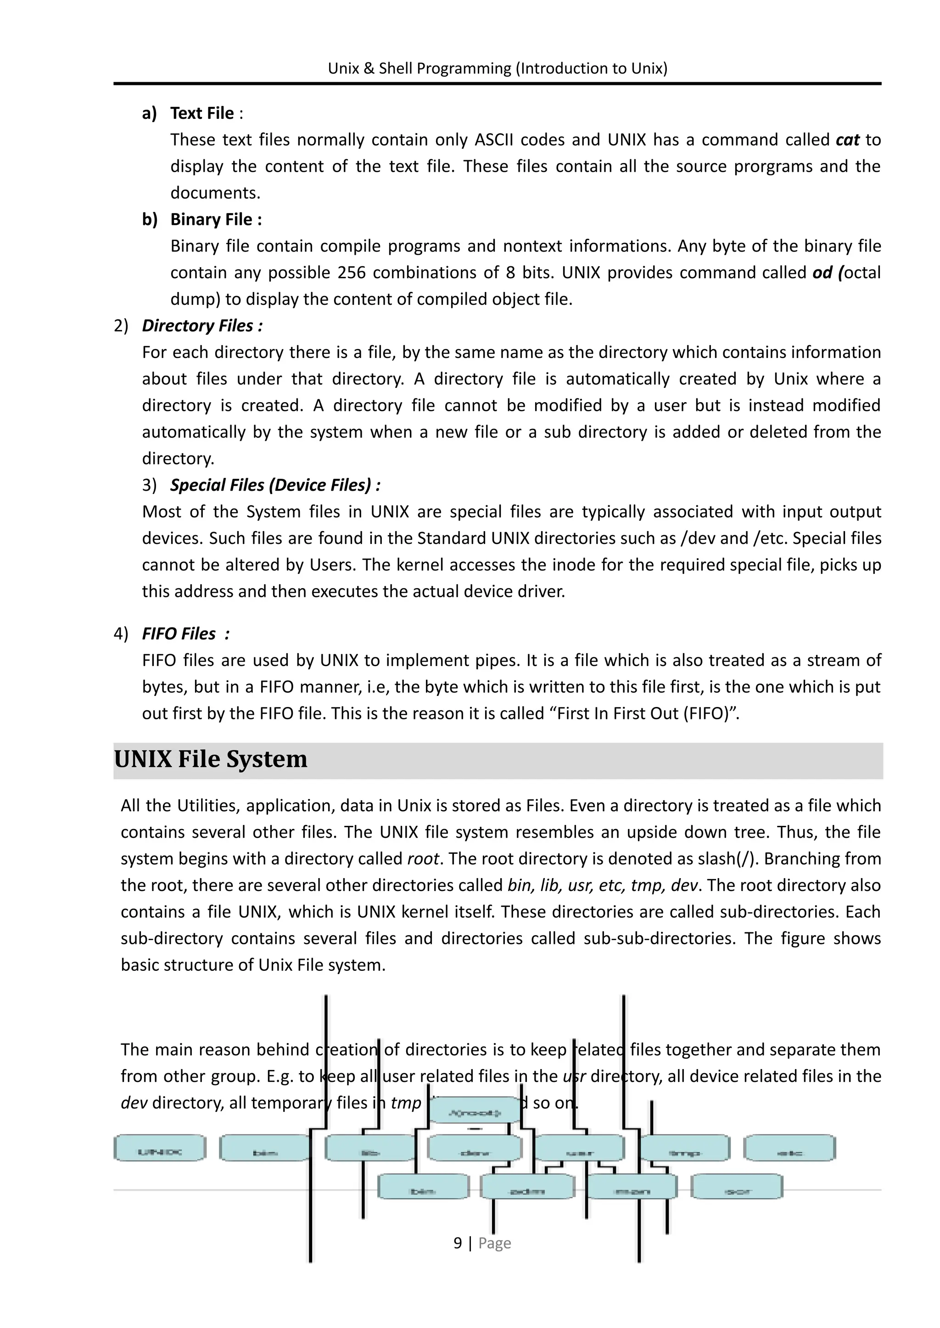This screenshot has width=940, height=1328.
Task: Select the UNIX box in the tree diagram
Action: pos(160,1148)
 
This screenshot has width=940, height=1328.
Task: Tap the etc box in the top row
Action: pos(789,1149)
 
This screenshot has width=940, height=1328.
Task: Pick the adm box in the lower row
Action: pos(527,1187)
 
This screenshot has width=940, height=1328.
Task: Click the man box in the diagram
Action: pos(632,1187)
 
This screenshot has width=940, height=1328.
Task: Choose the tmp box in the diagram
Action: pos(685,1149)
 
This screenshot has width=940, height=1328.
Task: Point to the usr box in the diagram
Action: pos(579,1149)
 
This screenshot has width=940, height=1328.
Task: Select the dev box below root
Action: pos(475,1149)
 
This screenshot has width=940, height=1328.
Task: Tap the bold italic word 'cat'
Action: pos(847,140)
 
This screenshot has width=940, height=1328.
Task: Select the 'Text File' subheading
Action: pos(202,113)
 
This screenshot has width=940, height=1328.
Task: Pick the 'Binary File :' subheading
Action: pos(216,220)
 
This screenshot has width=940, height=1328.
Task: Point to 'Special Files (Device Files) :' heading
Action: pos(275,485)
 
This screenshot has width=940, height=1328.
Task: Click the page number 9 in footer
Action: pos(457,1243)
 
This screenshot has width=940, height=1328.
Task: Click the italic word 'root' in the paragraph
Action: pos(423,858)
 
